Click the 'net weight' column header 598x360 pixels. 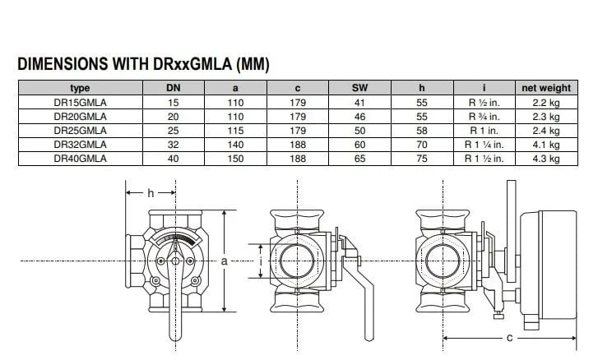546,88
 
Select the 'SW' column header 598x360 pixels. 359,88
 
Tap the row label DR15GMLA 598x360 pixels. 80,103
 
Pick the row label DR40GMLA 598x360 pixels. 80,159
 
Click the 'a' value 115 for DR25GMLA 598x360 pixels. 235,131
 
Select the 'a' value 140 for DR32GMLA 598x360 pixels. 235,145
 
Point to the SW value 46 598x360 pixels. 359,117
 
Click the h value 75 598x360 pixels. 422,159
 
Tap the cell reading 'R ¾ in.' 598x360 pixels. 484,117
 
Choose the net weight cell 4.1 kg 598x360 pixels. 546,145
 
